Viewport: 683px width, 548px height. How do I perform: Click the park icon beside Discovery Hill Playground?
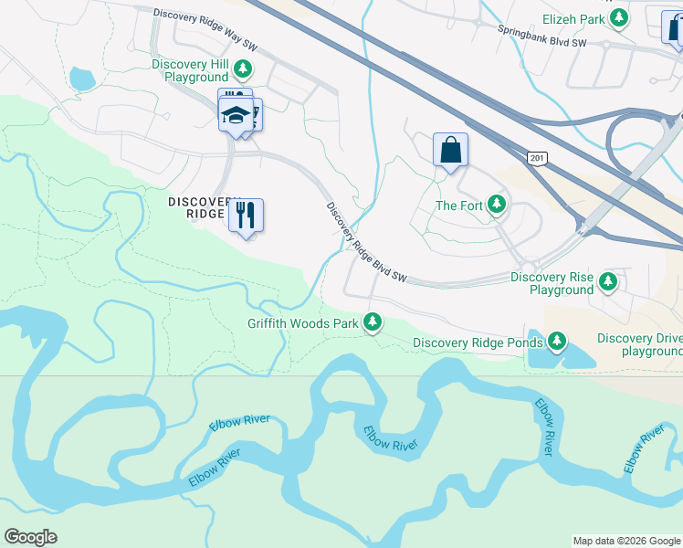(243, 69)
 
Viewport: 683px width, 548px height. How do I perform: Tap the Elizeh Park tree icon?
(620, 16)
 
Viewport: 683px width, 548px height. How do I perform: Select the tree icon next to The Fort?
(497, 205)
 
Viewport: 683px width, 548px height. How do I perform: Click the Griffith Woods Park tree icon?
(373, 322)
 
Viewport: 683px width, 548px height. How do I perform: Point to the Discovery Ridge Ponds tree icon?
(557, 342)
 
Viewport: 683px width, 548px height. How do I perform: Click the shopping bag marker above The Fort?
(451, 150)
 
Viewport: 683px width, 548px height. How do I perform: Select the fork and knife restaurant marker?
(246, 216)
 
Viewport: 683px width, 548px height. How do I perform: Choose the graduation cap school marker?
(236, 114)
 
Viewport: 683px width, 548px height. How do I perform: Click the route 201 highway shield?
(537, 158)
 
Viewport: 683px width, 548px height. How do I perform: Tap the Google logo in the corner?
(30, 537)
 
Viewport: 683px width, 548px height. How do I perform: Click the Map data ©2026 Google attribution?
(625, 541)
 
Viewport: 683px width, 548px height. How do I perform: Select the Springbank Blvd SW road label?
(541, 36)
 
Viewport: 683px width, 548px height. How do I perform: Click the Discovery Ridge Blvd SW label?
(365, 242)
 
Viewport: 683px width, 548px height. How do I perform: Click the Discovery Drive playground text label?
(639, 344)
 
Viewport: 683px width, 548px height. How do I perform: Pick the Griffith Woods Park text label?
(303, 323)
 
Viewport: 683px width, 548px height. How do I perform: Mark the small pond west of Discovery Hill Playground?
(81, 79)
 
